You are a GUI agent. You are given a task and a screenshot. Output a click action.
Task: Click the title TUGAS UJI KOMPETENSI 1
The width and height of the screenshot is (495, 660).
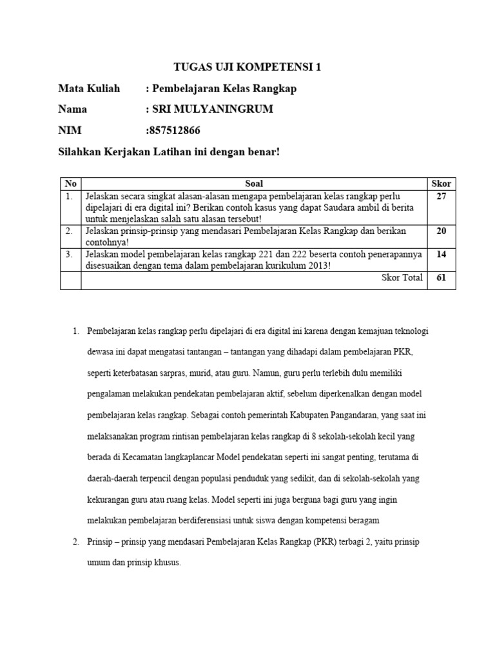pyautogui.click(x=247, y=67)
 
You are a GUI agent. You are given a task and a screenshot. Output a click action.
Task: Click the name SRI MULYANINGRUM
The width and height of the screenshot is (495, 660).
pyautogui.click(x=212, y=109)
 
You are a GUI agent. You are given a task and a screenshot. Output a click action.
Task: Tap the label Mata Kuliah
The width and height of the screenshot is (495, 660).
pyautogui.click(x=89, y=88)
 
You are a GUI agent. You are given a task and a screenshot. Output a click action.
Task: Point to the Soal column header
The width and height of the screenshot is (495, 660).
pyautogui.click(x=254, y=184)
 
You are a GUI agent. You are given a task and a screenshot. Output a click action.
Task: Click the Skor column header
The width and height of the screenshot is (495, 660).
pyautogui.click(x=441, y=184)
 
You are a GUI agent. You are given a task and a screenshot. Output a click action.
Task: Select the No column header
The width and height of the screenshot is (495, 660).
pyautogui.click(x=70, y=184)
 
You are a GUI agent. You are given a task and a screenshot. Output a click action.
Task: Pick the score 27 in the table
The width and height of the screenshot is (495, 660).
pyautogui.click(x=441, y=196)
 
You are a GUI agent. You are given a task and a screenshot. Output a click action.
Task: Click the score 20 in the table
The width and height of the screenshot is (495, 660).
pyautogui.click(x=441, y=231)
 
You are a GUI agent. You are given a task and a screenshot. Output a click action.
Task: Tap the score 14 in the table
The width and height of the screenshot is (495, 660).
pyautogui.click(x=441, y=255)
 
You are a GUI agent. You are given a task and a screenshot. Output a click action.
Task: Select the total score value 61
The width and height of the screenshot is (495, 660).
pyautogui.click(x=441, y=278)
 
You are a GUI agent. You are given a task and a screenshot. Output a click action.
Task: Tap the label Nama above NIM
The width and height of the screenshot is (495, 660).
pyautogui.click(x=72, y=109)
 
